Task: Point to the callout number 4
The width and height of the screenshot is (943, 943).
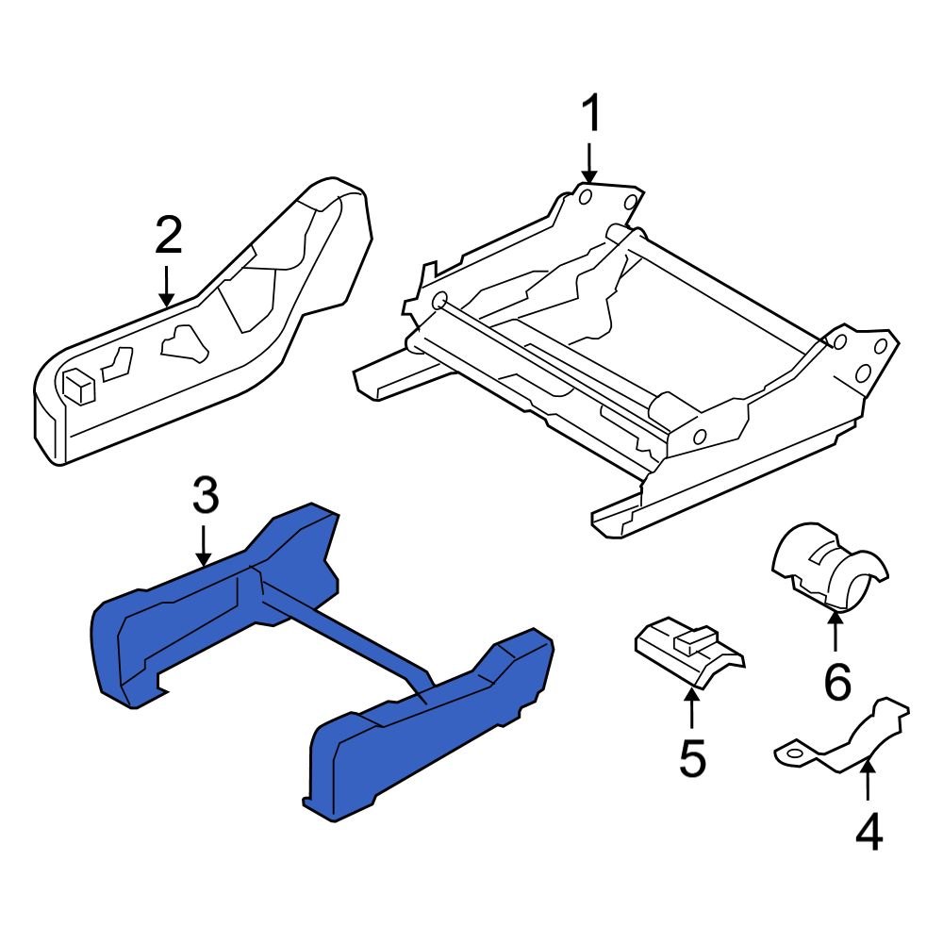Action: [869, 831]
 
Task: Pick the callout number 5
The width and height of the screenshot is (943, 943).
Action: [692, 759]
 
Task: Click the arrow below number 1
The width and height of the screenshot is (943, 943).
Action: [590, 162]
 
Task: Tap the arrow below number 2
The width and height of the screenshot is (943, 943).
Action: [167, 285]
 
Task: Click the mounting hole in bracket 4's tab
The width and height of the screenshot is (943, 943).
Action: [792, 753]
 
